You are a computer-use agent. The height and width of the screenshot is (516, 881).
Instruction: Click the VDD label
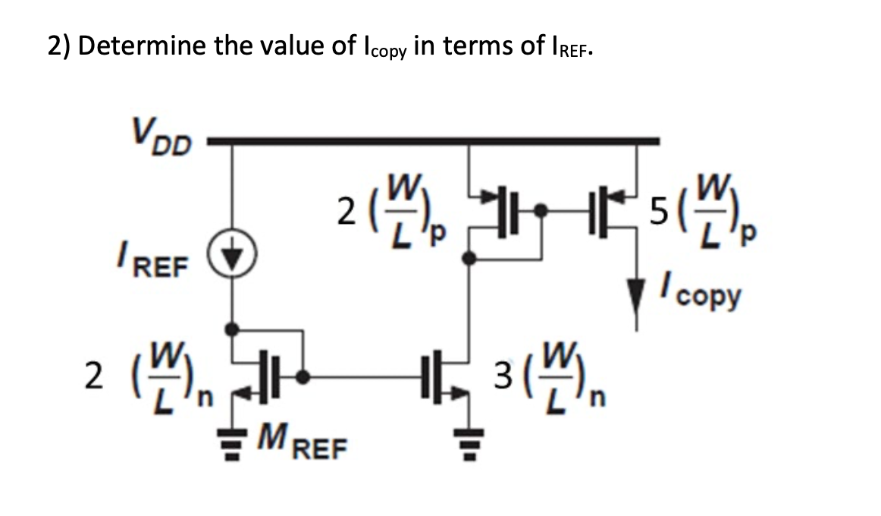tap(160, 137)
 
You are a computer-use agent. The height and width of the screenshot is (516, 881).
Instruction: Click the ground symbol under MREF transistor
tap(233, 440)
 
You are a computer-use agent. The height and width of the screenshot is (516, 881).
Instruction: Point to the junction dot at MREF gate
tap(303, 375)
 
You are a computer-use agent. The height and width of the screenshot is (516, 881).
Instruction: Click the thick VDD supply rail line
tap(432, 140)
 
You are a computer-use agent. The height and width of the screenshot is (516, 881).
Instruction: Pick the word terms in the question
tap(475, 48)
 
